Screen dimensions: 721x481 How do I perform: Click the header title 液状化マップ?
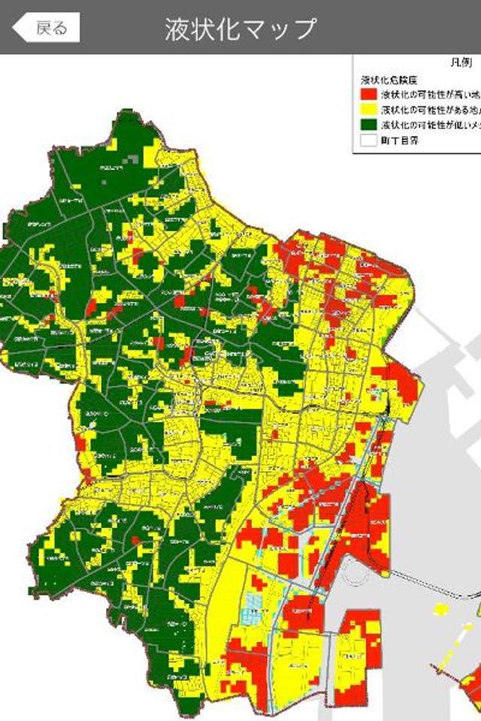(240, 29)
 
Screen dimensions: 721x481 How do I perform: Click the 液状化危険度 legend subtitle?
(389, 80)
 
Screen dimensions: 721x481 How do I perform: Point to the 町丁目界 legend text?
(400, 140)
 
